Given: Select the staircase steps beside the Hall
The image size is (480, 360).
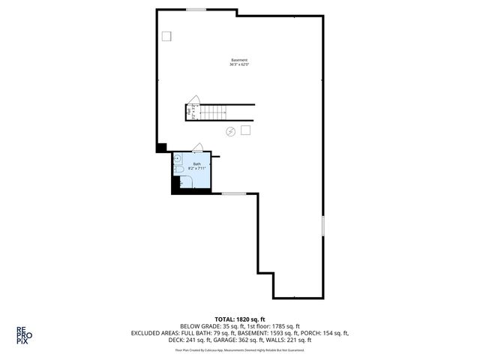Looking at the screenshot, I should coord(214,112).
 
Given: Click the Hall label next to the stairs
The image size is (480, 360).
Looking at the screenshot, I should coord(189,112).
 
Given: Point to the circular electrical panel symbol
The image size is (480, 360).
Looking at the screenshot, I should coord(231,131).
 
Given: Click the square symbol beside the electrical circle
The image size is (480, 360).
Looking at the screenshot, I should coord(245,130).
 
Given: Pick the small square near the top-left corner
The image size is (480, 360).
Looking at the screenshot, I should coord(166,35).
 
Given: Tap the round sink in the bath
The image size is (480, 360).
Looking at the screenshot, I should coord(177,158).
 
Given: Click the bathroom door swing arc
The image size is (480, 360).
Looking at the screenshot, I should coord(198,147).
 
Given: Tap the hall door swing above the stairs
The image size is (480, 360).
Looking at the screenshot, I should coord(193,100).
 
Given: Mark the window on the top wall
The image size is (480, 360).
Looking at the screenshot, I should coord(196,9).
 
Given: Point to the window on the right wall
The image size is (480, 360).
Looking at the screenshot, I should coord(324,226).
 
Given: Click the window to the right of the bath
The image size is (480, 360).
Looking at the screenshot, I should coord(234,193).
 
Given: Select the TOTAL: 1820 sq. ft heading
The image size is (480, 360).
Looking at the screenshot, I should coord(240,319).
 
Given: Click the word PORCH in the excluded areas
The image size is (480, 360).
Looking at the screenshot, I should coord(318,333).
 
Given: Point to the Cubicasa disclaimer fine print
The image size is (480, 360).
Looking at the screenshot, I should coord(240,349).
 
